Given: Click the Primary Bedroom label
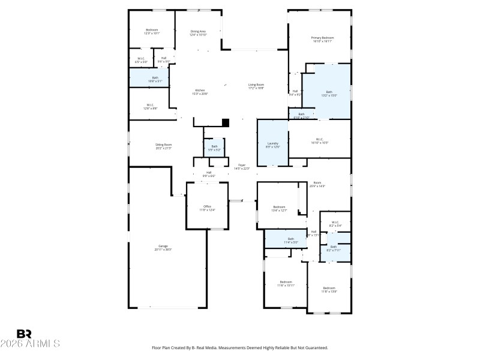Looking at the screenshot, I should coord(322,38).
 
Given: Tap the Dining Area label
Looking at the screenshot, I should coord(198,31).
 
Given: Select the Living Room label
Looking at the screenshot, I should coord(256,85).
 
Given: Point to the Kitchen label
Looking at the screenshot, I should coord(199,91).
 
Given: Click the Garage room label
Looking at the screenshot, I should coord(163,245).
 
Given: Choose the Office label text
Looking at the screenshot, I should coord(207,206).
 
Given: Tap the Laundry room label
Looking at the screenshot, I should coord(273,143).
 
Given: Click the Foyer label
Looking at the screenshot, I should coord(242,165).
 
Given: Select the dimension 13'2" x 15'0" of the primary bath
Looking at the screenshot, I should coord(329,95).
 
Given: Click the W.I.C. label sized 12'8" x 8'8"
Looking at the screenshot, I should coord(151,108).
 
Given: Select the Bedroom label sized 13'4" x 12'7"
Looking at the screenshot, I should coord(279,207).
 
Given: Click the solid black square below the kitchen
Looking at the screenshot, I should coord(226,123).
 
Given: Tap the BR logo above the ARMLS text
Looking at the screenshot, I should coord(24,334).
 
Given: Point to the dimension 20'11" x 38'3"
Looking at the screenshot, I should coord(163,249).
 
